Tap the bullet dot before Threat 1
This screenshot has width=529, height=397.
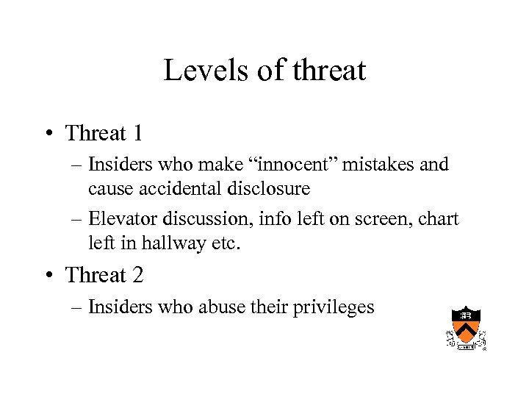point(47,134)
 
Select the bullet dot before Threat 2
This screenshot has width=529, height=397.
point(47,275)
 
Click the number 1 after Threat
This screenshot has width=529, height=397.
point(136,134)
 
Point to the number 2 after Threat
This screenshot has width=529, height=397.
point(137,275)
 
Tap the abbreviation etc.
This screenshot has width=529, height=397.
point(226,243)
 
